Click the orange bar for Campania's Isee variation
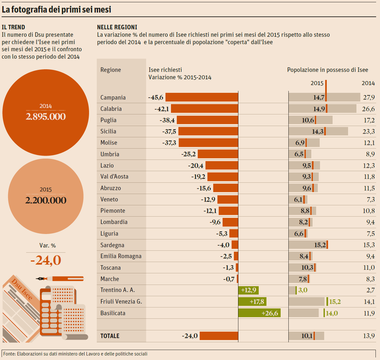pos(202,97)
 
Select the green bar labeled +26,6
pos(259,313)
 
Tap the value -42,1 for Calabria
pos(162,109)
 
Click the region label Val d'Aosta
pos(114,177)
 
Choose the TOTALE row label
pos(110,336)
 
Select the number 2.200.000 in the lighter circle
pos(46,200)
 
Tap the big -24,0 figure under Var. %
pos(46,260)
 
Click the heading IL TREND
pos(13,27)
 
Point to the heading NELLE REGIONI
pos(117,27)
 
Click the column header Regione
pos(111,70)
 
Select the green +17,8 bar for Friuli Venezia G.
pos(252,302)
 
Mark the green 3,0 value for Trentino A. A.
pos(303,290)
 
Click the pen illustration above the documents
pos(60,278)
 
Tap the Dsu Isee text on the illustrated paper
pos(22,289)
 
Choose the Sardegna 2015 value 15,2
pos(320,245)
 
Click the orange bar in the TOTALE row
pos(219,336)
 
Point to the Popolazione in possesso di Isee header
pos(327,70)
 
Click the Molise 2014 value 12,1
pos(369,143)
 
